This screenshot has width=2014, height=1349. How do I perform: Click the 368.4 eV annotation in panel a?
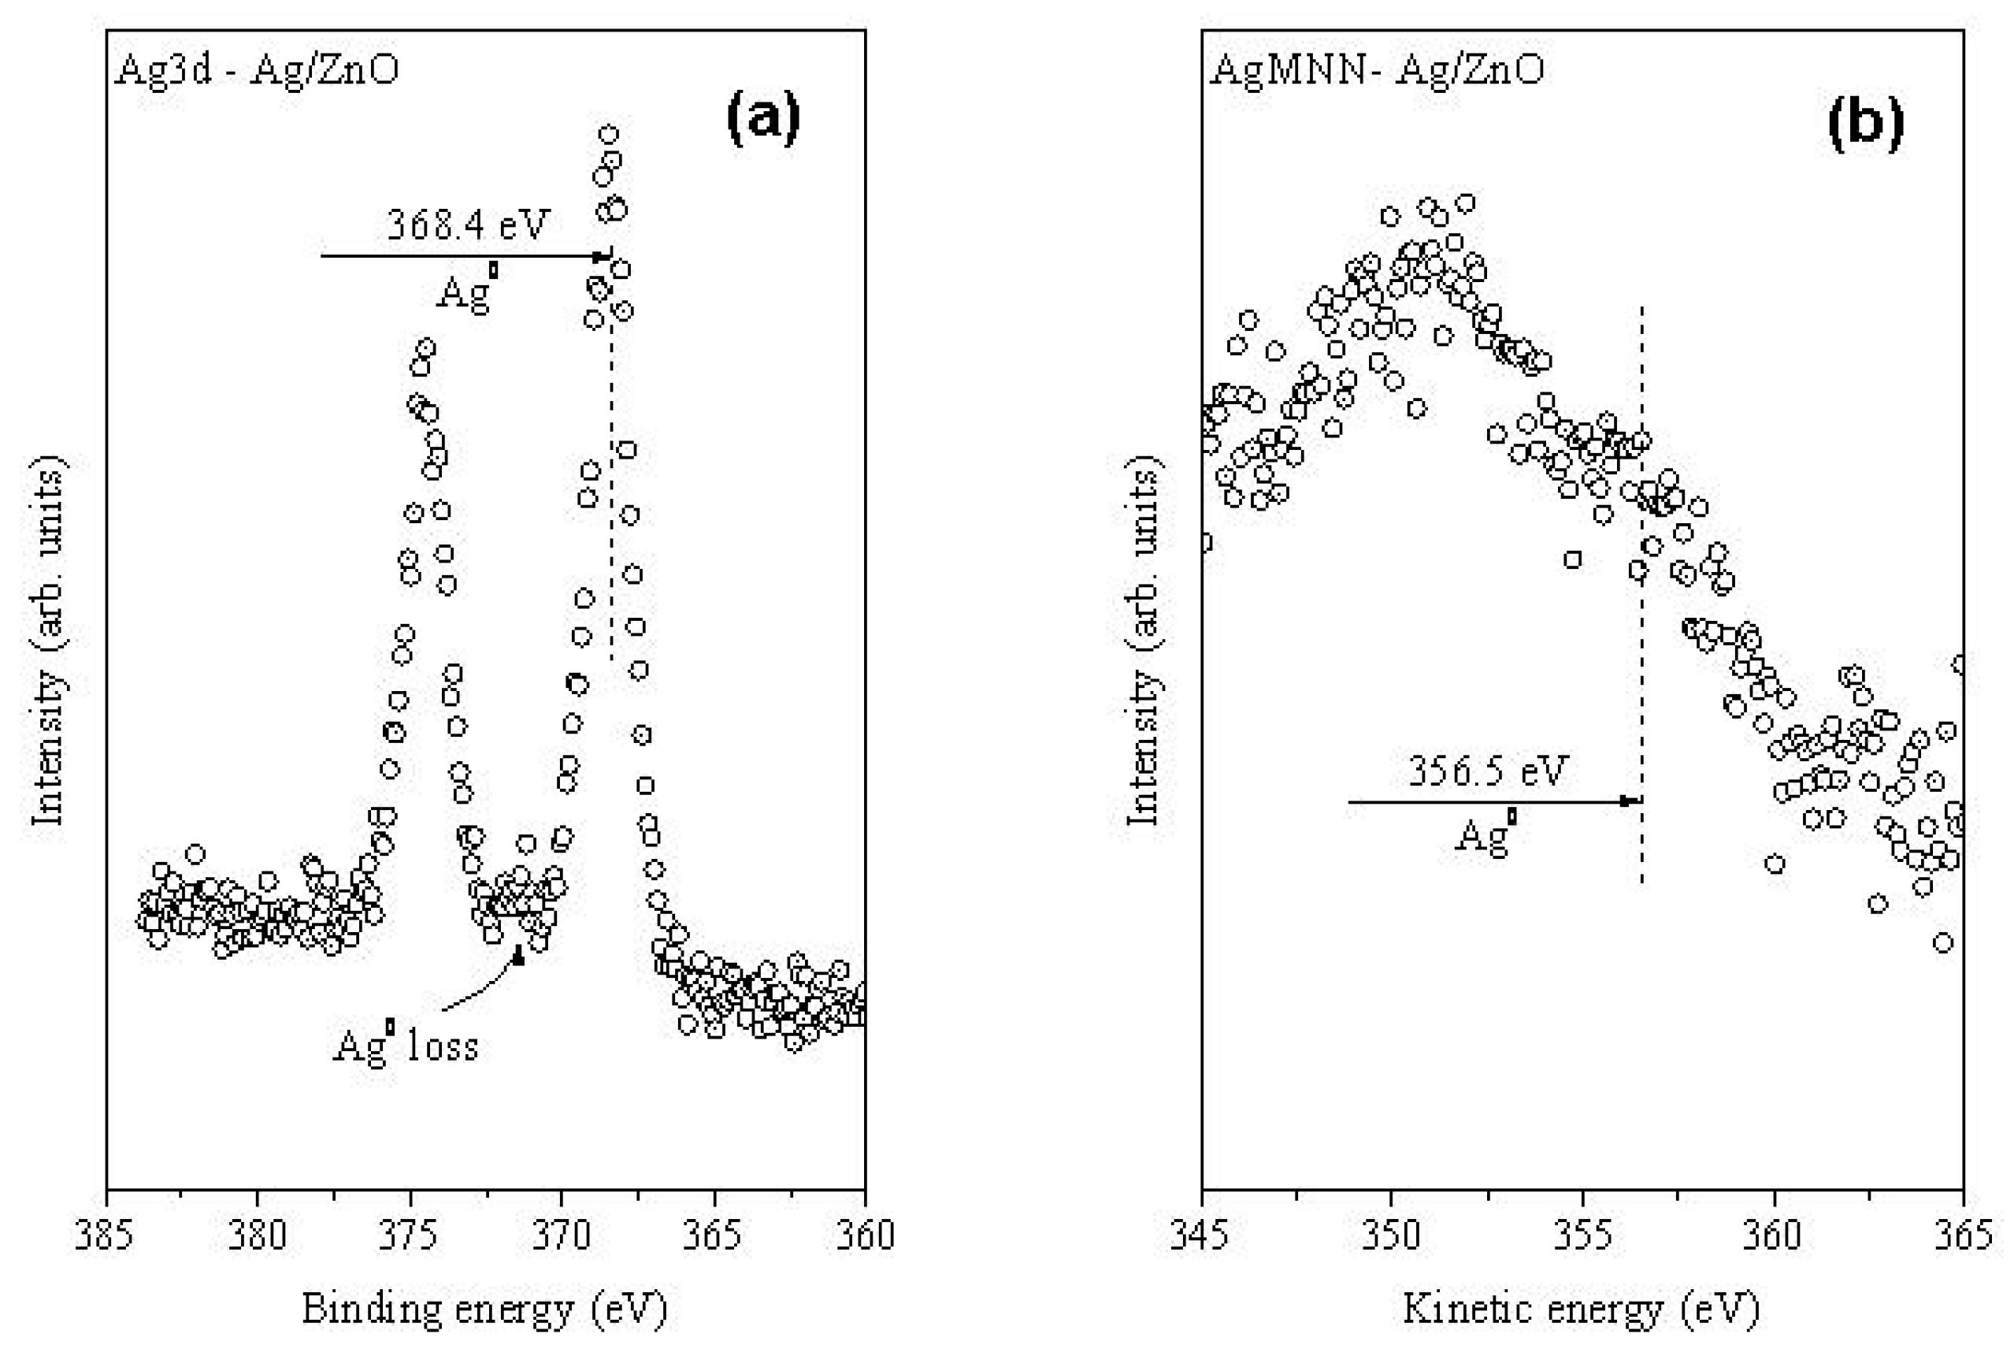pos(467,225)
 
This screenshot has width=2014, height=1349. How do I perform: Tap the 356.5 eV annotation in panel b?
pos(1488,771)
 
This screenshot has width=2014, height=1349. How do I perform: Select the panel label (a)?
pos(762,118)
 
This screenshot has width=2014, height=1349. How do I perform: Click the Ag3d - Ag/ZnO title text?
pos(257,69)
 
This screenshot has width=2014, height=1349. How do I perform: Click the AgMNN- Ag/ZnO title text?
pos(1377,69)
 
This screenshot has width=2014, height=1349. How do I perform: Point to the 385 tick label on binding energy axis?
pos(104,1236)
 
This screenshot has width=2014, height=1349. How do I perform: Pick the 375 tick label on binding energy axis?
pos(410,1236)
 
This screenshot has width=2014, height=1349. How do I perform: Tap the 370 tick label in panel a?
pos(561,1236)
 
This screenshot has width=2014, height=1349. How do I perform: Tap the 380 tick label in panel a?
pos(257,1236)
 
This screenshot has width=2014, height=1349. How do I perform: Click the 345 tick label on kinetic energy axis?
pos(1201,1236)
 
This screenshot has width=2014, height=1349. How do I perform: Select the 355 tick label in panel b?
pos(1582,1236)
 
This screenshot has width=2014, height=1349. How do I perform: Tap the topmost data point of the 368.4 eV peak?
pos(608,134)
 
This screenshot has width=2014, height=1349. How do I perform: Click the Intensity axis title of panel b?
pos(1144,641)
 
